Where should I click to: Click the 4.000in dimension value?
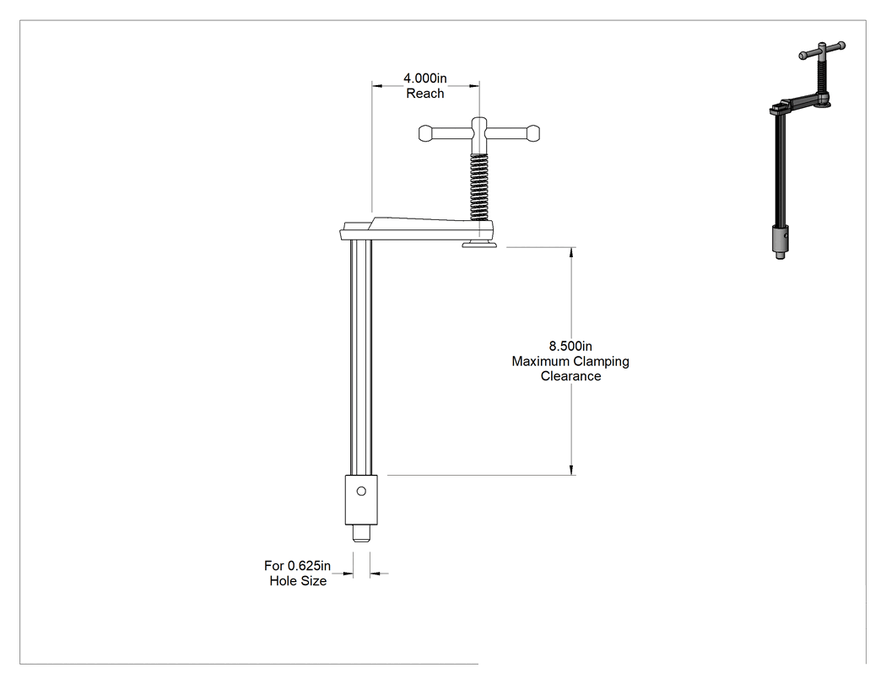(425, 78)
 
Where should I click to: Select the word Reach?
(425, 93)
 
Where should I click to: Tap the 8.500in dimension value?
(570, 346)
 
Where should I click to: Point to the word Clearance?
(570, 376)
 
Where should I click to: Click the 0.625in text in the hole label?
(309, 565)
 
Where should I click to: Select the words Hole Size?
(298, 580)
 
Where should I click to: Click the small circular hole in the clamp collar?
(362, 492)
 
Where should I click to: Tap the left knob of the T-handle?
(427, 134)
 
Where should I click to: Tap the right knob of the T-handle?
(532, 134)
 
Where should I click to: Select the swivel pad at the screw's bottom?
(479, 244)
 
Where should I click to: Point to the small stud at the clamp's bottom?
(362, 533)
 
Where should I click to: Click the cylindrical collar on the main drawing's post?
(361, 500)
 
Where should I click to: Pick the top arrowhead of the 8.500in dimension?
(572, 252)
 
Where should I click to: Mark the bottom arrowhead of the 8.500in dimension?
(572, 470)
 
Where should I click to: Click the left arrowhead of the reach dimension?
(377, 86)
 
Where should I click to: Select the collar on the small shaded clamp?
(781, 240)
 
